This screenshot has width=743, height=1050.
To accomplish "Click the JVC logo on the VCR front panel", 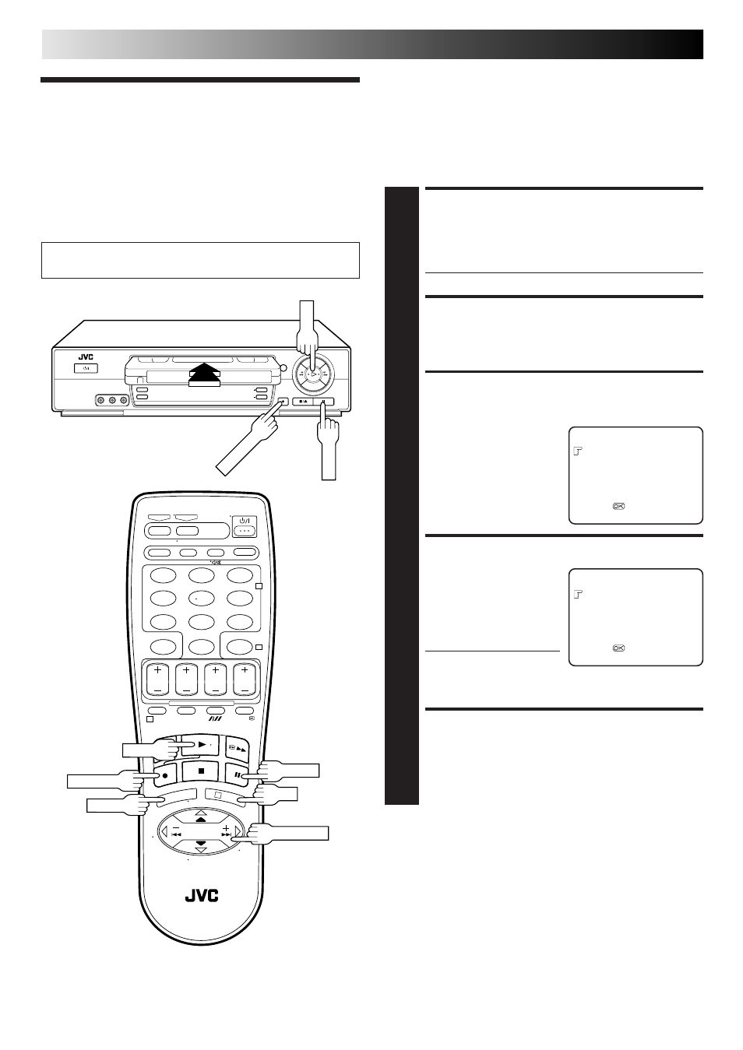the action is pyautogui.click(x=86, y=357).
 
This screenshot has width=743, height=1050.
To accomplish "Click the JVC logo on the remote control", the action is pyautogui.click(x=201, y=896).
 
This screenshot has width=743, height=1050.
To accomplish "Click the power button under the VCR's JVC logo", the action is pyautogui.click(x=86, y=368).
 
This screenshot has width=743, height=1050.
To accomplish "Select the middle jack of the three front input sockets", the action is pyautogui.click(x=112, y=400).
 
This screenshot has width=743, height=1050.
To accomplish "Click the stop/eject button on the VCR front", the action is pyautogui.click(x=302, y=402).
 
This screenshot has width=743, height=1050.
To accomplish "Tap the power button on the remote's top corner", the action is pyautogui.click(x=245, y=526).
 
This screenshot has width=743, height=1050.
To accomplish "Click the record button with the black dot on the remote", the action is pyautogui.click(x=164, y=775).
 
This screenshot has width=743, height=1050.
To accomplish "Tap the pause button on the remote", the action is pyautogui.click(x=237, y=774).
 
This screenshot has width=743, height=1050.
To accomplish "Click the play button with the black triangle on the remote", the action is pyautogui.click(x=200, y=744).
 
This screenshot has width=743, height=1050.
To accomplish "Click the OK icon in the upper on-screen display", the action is pyautogui.click(x=618, y=506).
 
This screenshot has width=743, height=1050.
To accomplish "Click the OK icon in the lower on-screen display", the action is pyautogui.click(x=618, y=648).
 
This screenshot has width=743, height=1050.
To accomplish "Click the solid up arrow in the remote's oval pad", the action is pyautogui.click(x=201, y=820).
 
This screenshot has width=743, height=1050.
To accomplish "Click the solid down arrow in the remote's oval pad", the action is pyautogui.click(x=201, y=843).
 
